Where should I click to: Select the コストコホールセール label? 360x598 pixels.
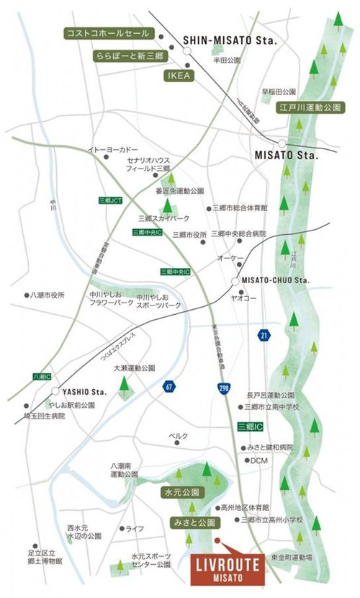(107, 33)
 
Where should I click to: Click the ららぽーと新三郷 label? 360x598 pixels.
(130, 55)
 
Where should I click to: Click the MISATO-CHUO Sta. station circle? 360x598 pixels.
(235, 280)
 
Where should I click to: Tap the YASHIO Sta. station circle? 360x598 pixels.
(55, 391)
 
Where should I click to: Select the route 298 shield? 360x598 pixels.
(222, 388)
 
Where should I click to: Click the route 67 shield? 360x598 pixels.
(168, 385)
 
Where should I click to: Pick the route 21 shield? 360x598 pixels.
(264, 335)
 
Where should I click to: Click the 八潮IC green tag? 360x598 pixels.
(42, 377)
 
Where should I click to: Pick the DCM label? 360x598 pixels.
(259, 461)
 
